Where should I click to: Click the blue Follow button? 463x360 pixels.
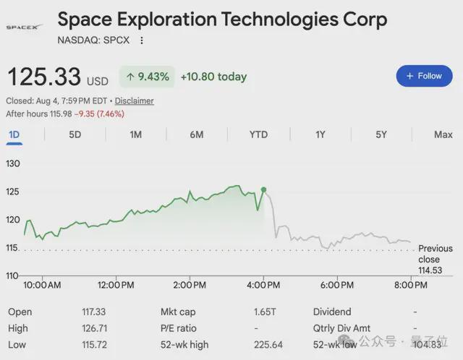(x=424, y=76)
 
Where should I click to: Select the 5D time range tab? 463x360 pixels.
(x=75, y=134)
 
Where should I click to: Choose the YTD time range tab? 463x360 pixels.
(x=258, y=134)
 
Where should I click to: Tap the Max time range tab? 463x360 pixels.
(x=443, y=134)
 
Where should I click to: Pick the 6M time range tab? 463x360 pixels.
(x=197, y=134)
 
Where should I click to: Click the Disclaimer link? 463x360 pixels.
(x=134, y=101)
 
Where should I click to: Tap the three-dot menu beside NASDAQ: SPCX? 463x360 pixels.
(x=142, y=40)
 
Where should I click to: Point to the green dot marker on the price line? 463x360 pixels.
(x=263, y=189)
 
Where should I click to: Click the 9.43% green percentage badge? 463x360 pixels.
(x=147, y=77)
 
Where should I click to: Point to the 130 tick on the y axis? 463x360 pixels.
(x=13, y=163)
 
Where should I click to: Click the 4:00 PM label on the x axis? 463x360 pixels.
(x=263, y=285)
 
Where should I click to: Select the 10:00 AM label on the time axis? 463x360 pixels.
(x=42, y=285)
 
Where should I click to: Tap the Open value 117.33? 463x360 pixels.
(x=93, y=312)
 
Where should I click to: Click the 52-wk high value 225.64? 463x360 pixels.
(x=268, y=344)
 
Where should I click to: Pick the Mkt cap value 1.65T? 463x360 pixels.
(x=265, y=312)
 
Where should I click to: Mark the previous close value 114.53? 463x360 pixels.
(x=430, y=270)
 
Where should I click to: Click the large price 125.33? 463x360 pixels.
(x=44, y=77)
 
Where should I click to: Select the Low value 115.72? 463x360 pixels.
(x=94, y=344)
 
